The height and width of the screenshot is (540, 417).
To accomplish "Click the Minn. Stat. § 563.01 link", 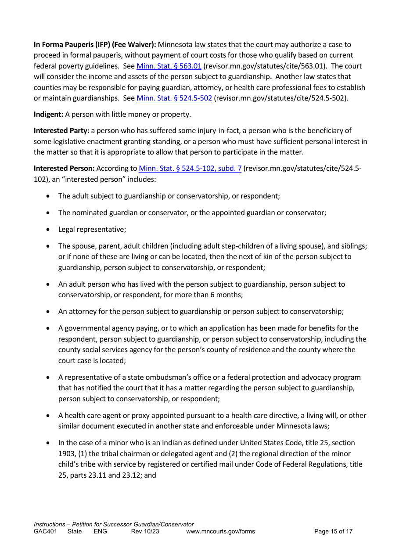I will pyautogui.click(x=169, y=66).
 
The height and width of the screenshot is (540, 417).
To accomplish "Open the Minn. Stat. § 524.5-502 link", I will pyautogui.click(x=174, y=98).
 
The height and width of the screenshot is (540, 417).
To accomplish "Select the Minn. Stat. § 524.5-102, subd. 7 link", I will pyautogui.click(x=190, y=168).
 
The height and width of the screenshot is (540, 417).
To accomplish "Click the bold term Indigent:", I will pyautogui.click(x=48, y=115).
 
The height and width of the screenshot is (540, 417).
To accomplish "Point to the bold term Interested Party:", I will pyautogui.click(x=61, y=131).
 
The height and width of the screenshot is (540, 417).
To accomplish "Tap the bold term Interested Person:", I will pyautogui.click(x=64, y=168).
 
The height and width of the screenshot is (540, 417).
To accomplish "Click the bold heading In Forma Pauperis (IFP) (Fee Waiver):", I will pyautogui.click(x=95, y=44).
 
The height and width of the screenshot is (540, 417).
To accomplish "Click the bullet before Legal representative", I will pyautogui.click(x=48, y=230).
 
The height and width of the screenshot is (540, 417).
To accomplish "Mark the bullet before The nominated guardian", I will pyautogui.click(x=48, y=213).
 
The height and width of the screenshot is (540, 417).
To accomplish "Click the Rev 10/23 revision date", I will pyautogui.click(x=145, y=531).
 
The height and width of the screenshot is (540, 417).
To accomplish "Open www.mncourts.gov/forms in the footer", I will pyautogui.click(x=220, y=531).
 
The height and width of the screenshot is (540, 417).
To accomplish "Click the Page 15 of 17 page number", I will pyautogui.click(x=333, y=531).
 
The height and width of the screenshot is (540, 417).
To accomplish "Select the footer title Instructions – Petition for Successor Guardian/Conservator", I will pyautogui.click(x=114, y=524).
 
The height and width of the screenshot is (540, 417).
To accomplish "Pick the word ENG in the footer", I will pyautogui.click(x=101, y=531).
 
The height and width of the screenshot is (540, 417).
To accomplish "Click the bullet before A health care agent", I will pyautogui.click(x=48, y=416).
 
